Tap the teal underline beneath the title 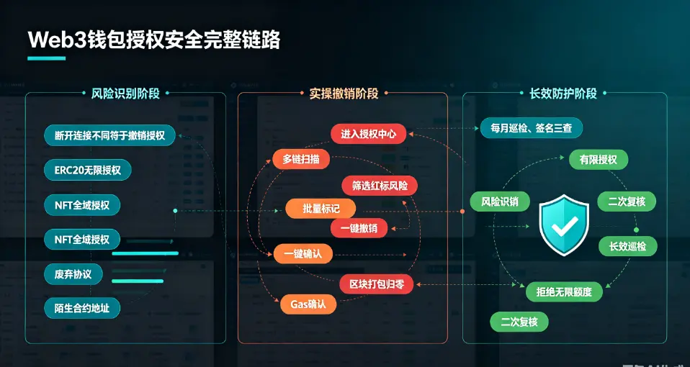tap(46, 58)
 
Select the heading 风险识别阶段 tap(125, 94)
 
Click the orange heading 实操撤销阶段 tap(344, 94)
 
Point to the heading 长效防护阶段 tap(563, 94)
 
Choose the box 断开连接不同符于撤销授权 tap(109, 135)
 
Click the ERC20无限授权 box tap(88, 170)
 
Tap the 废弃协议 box tap(73, 275)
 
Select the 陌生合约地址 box tap(82, 308)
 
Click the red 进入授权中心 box tap(368, 134)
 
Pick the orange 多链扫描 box tap(301, 159)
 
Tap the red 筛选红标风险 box tap(380, 186)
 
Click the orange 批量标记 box tap(321, 209)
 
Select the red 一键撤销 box tap(359, 228)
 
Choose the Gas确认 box tap(308, 304)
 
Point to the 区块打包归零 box tap(376, 284)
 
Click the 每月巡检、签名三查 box tap(531, 128)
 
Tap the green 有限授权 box tap(598, 160)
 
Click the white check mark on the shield tap(565, 226)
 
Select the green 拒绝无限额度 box tap(564, 292)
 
